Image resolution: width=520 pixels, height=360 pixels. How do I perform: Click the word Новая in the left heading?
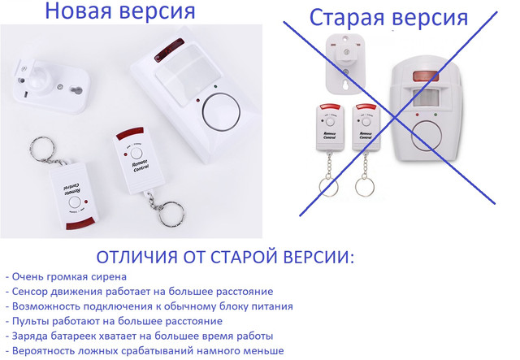click(x=78, y=10)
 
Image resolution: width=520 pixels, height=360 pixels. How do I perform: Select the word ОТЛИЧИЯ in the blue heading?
click(x=137, y=257)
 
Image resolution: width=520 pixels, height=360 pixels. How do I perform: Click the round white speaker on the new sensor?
click(x=221, y=111)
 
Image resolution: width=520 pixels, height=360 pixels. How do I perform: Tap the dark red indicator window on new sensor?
click(x=169, y=50)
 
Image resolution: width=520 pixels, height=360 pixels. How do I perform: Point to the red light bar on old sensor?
click(x=426, y=76)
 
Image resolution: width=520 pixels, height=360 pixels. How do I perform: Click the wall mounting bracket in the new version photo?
click(x=52, y=85)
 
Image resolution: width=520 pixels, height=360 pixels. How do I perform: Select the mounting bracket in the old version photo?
click(x=346, y=63)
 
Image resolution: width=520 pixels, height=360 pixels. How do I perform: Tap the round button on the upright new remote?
click(x=136, y=154)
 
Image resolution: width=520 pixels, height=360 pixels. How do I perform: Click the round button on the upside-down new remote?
click(x=75, y=202)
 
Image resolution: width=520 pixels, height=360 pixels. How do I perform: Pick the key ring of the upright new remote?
click(x=171, y=215)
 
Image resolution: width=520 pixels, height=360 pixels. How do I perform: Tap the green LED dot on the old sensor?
click(x=435, y=115)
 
